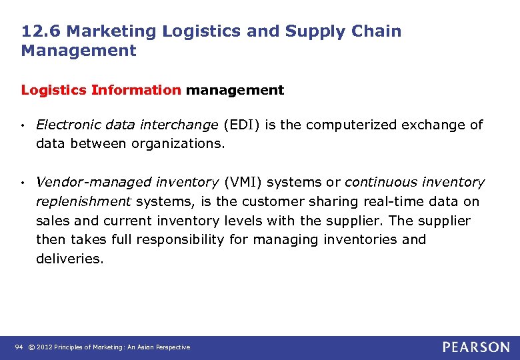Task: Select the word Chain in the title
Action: tap(378, 31)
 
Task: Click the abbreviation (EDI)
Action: tap(240, 125)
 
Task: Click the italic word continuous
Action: tap(377, 182)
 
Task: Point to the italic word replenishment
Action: tap(83, 201)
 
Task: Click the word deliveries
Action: tap(69, 259)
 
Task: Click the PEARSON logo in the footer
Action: tap(476, 347)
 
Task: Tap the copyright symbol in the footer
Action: tap(31, 347)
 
